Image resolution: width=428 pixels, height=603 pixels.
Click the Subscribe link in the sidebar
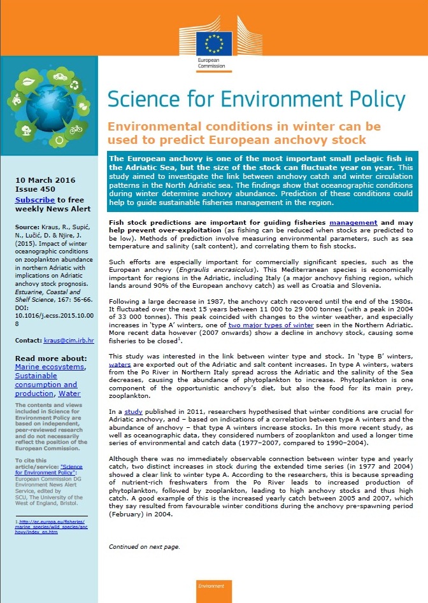pyautogui.click(x=36, y=199)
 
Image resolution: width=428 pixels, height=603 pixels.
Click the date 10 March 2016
pyautogui.click(x=45, y=180)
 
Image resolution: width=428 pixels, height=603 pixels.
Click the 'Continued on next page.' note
pyautogui.click(x=144, y=546)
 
